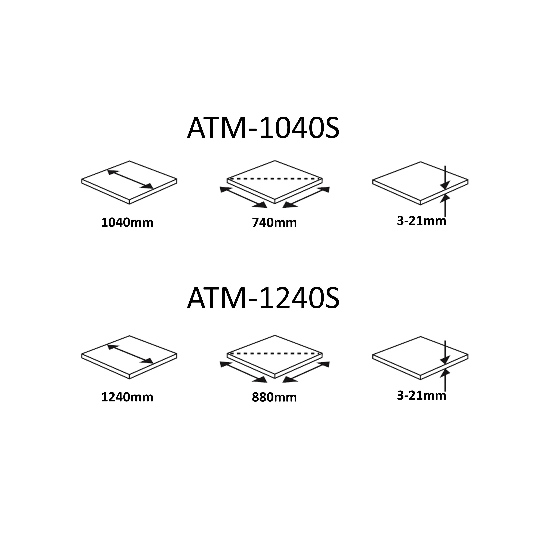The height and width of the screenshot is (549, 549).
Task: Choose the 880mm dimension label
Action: tap(274, 397)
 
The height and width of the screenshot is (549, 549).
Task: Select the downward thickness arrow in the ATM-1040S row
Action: tap(445, 178)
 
